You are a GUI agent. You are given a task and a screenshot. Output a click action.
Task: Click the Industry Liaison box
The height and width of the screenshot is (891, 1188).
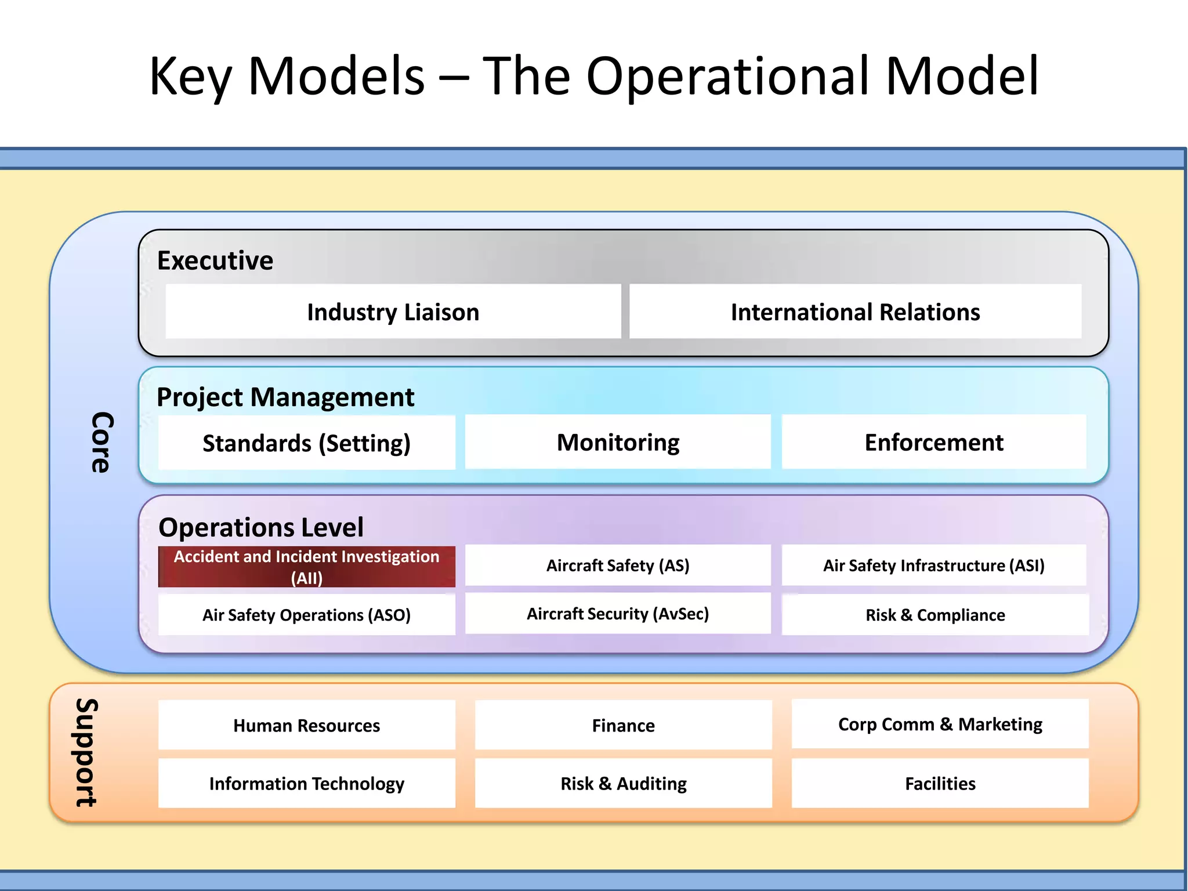point(393,312)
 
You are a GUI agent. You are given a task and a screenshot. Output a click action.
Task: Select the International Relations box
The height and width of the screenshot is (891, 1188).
point(855,312)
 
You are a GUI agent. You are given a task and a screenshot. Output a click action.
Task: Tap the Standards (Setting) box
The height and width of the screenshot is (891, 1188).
point(306,443)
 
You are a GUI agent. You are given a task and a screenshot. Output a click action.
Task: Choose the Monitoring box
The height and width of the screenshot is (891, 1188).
point(618,442)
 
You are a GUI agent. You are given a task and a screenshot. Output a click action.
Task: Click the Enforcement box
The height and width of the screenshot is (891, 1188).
point(934,442)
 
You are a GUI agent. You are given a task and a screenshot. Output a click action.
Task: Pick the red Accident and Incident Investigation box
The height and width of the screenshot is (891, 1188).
point(306,567)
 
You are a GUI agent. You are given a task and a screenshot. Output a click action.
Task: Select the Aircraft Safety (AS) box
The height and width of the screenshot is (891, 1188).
point(618,565)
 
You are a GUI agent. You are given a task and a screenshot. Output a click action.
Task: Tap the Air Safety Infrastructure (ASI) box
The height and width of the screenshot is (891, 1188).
point(934,565)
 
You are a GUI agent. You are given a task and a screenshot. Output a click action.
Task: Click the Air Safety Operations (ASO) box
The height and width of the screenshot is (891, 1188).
point(306,615)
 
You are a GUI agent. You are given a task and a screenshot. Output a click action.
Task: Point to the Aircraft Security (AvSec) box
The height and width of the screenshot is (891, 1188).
point(618,614)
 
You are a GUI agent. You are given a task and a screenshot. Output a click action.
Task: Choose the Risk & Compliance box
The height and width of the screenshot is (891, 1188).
point(935,615)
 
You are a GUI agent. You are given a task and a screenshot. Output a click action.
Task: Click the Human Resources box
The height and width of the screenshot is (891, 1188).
point(306,725)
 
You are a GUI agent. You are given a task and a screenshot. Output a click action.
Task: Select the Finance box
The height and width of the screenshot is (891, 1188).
point(623,725)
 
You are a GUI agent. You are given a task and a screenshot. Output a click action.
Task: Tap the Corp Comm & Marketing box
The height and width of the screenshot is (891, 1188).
point(940,724)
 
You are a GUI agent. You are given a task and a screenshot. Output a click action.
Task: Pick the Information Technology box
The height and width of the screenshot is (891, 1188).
point(306,783)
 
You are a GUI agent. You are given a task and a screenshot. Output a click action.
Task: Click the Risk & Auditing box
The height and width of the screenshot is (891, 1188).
point(623,783)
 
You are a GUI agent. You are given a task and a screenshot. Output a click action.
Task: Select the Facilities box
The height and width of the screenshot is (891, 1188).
point(940,783)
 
